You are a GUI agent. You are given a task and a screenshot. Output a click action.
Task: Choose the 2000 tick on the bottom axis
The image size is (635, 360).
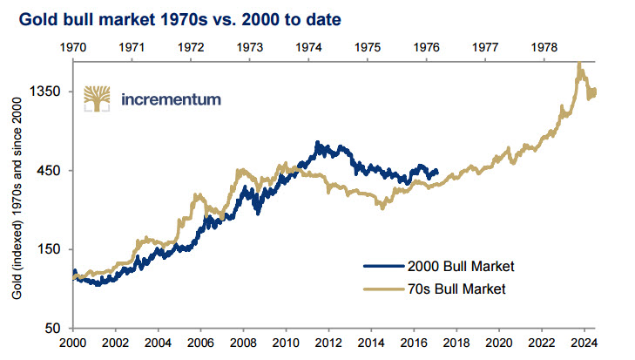tap(73, 344)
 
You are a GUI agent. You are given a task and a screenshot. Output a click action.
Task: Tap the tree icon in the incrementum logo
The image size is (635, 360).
tap(96, 99)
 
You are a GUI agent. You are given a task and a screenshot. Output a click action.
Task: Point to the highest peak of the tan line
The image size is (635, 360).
tap(578, 63)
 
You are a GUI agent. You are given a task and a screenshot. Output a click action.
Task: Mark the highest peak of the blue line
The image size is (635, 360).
tap(318, 142)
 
